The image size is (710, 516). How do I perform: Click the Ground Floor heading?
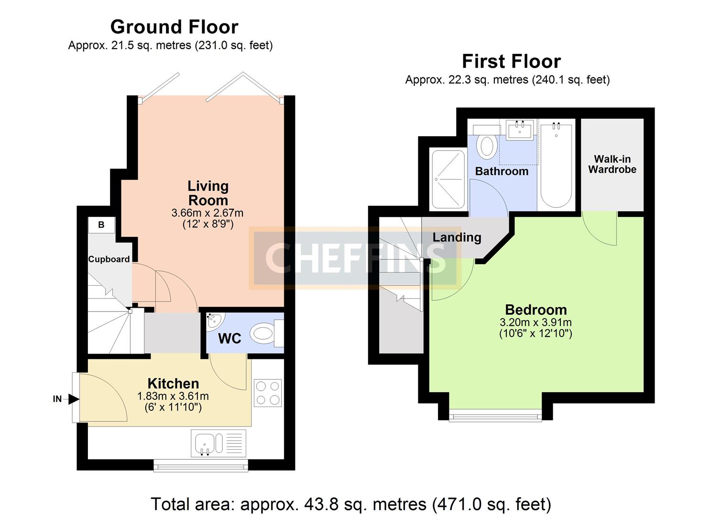pos(175,27)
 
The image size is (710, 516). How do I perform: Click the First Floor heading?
pos(511,61)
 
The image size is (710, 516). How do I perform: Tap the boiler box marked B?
pos(101,225)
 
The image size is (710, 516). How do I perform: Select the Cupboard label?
pos(109,259)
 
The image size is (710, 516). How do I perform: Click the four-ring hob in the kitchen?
pos(268,393)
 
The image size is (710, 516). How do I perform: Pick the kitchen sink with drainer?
pos(218,443)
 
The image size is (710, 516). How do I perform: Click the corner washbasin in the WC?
pos(215,322)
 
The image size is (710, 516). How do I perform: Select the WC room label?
pos(229,339)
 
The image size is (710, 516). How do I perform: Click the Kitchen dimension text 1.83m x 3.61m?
pos(173,396)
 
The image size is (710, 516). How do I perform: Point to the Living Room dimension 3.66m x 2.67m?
pos(208,213)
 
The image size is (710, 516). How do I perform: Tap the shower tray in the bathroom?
pos(448,179)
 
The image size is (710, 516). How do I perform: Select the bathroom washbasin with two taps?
pos(520,130)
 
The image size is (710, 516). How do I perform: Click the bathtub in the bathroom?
pos(556,165)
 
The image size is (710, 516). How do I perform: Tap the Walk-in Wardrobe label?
pos(612,164)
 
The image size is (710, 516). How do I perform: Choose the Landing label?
pos(457,237)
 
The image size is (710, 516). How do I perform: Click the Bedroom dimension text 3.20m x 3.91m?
pos(535,322)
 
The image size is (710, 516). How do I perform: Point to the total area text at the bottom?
pos(351,504)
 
